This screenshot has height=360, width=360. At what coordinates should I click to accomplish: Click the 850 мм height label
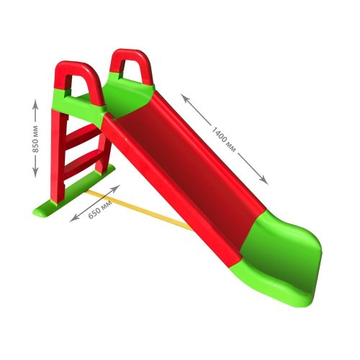point(35,139)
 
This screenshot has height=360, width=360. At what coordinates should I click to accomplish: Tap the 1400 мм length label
point(224,139)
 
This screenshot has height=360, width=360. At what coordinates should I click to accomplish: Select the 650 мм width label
point(100,210)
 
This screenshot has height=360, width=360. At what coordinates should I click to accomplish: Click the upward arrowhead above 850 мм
point(35,104)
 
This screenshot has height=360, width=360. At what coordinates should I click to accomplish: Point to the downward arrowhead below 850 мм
point(35,172)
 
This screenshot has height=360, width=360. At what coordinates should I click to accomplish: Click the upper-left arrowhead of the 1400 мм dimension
point(185,98)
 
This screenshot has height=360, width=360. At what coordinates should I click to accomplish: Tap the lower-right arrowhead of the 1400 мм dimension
point(264,180)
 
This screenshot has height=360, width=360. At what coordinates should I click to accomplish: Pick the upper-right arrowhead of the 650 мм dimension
point(115,188)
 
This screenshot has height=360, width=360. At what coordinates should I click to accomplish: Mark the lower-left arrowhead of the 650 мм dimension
point(74,218)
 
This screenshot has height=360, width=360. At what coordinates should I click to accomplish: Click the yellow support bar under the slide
point(139,210)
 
